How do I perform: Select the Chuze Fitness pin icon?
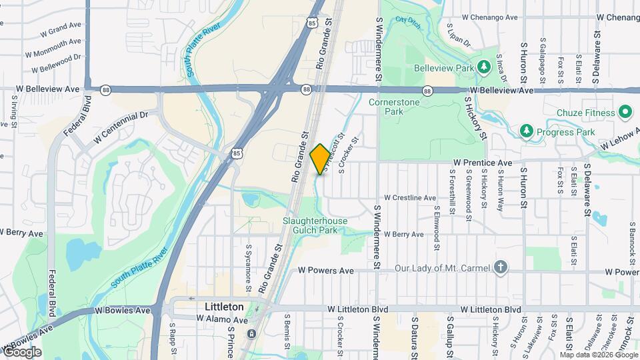(x=625, y=113)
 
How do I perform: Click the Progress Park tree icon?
(x=527, y=131)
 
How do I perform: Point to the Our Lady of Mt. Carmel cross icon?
(x=501, y=268)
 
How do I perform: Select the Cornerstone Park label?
(x=395, y=107)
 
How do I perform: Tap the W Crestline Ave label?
(x=409, y=198)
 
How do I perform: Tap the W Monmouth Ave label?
(x=53, y=47)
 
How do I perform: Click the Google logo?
(x=22, y=351)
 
